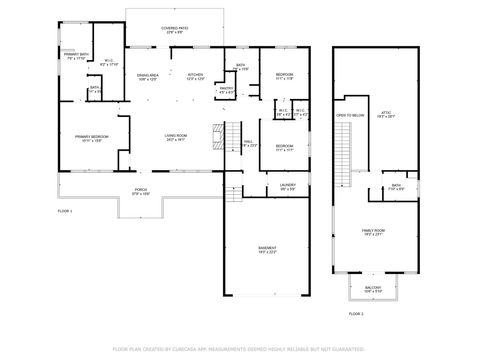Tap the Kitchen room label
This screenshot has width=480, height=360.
click(x=194, y=76)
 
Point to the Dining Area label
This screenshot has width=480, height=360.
click(x=148, y=76)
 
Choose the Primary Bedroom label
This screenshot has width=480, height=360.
click(x=93, y=137)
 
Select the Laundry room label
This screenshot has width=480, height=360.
click(x=287, y=186)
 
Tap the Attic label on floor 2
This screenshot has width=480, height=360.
click(x=386, y=114)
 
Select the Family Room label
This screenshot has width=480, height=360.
click(x=372, y=231)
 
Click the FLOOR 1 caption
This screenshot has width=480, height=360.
click(x=65, y=211)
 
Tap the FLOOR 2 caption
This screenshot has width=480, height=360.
click(x=356, y=314)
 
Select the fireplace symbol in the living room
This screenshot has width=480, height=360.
click(x=214, y=134)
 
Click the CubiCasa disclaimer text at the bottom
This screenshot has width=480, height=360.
click(x=239, y=349)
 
